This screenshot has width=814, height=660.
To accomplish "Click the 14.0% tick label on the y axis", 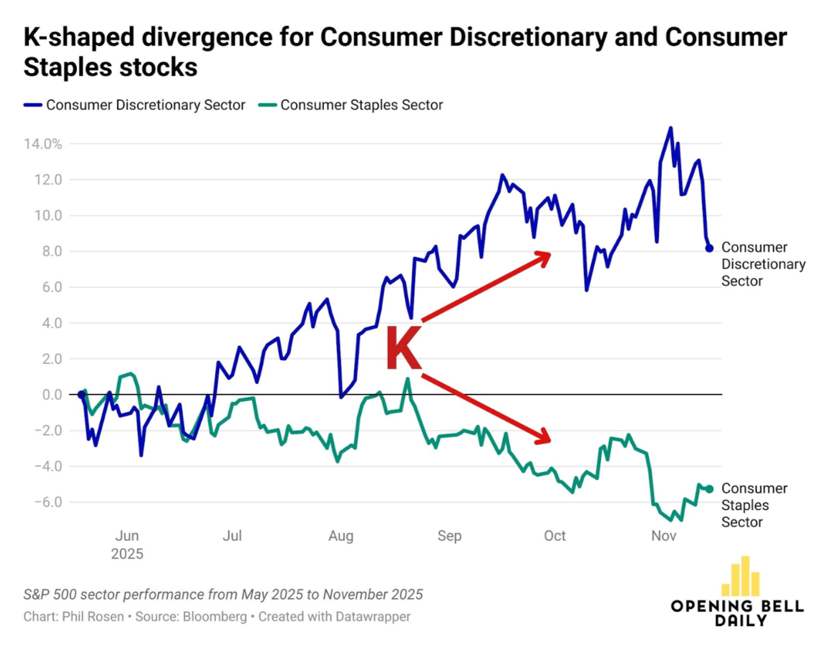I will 43,144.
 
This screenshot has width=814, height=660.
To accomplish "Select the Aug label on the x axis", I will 341,536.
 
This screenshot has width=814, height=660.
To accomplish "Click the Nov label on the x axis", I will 664,536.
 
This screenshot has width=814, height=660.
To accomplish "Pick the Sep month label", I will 449,536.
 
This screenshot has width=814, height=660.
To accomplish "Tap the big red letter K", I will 403,348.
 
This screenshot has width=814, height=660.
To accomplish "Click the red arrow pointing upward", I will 486,287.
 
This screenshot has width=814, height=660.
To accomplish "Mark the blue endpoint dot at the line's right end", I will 709,248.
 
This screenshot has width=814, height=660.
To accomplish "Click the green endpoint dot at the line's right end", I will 709,489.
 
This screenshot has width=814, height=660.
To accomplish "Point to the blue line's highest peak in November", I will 671,128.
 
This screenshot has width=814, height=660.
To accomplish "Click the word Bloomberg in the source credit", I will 214,617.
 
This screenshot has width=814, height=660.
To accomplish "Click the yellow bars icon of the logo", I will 741,576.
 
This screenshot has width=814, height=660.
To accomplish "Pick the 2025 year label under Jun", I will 127,554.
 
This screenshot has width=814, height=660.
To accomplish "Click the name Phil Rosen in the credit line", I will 93,617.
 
